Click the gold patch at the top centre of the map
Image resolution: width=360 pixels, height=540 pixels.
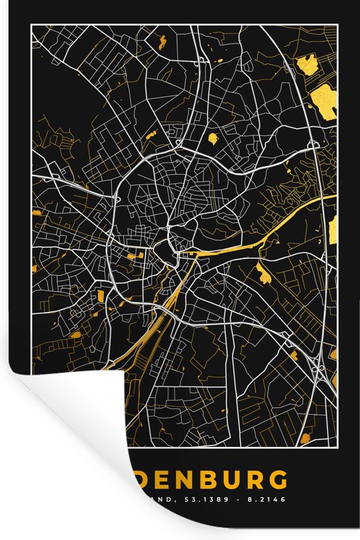point(161,43)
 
